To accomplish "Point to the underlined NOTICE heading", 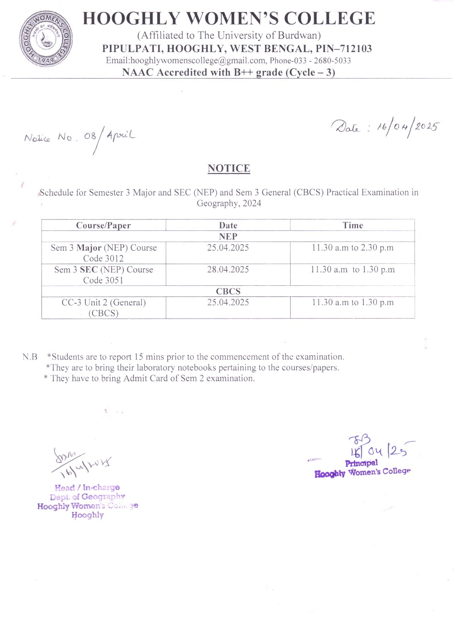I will pos(229,169).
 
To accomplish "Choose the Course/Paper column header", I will pos(103,226).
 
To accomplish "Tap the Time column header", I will pos(352,226).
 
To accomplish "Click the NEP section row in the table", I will pos(228,237).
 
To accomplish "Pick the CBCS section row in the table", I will pos(228,292).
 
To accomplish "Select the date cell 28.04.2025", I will pos(228,270).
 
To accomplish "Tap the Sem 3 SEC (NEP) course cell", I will pos(103,275).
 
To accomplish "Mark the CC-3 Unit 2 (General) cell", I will pos(103,308).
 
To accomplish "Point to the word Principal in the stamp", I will pos(361,463).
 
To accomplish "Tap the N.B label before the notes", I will pos(29,357).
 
